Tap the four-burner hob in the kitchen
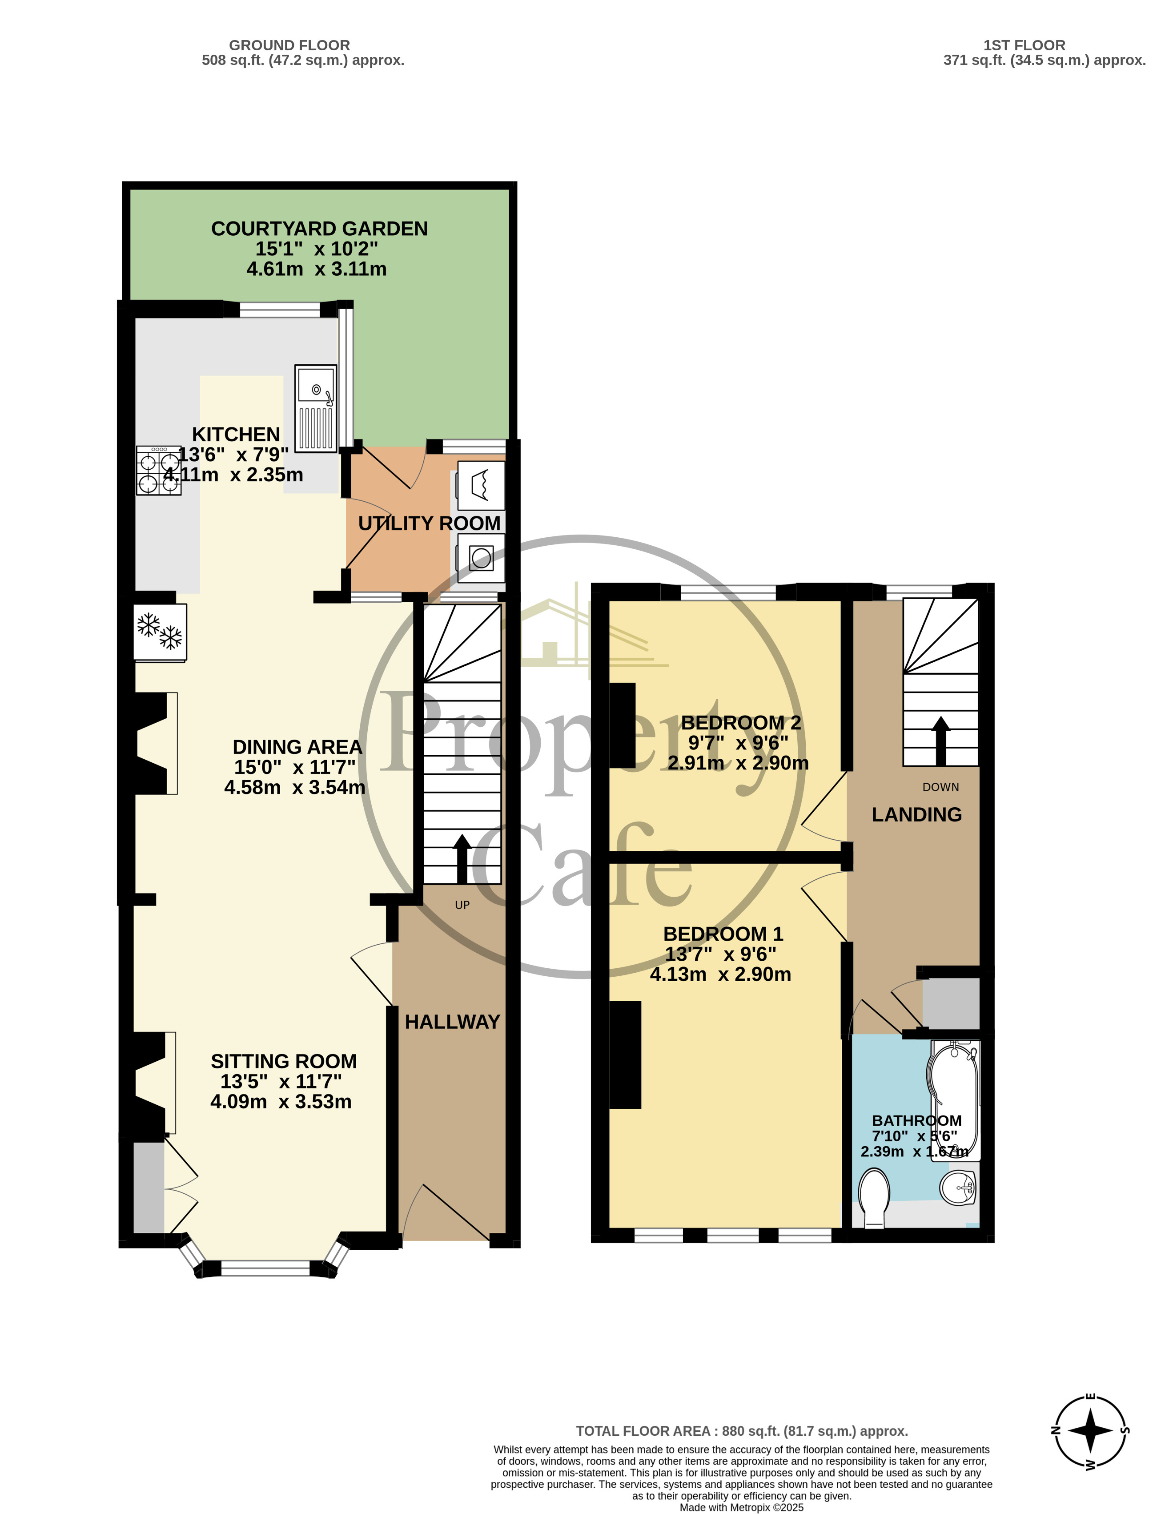click(159, 470)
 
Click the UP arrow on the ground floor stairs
click(462, 860)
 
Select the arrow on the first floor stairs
click(940, 741)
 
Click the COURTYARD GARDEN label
click(320, 229)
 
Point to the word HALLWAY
click(452, 1022)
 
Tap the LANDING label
click(916, 814)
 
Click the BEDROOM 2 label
click(741, 722)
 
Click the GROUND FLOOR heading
click(289, 45)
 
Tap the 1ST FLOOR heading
click(1024, 45)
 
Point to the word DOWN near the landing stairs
click(940, 787)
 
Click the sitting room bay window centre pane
click(265, 1268)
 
